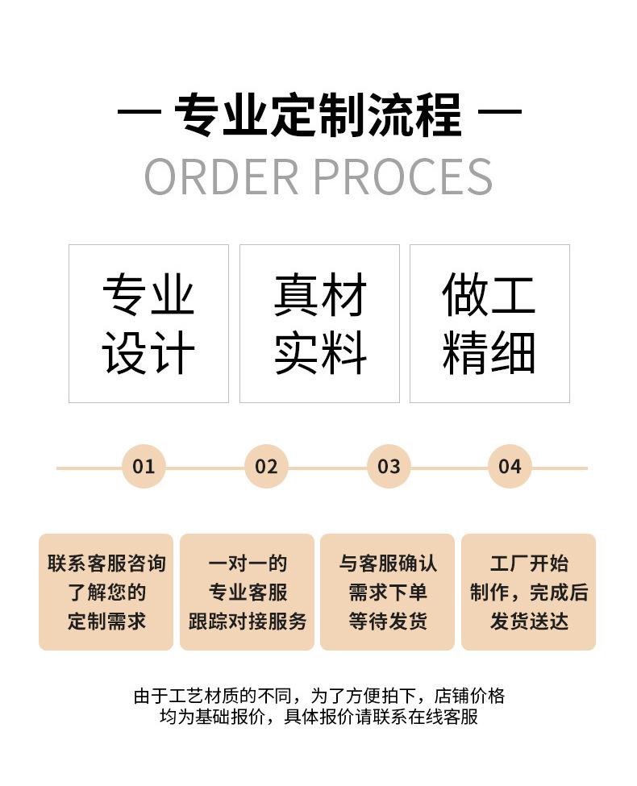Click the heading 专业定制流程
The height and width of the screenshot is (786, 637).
[x=318, y=114]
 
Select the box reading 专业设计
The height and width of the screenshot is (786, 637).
[x=148, y=323]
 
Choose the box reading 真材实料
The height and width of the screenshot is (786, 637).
[x=319, y=323]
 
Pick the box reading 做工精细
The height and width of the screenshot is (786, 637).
[x=489, y=323]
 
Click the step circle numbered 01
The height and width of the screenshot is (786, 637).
[x=144, y=466]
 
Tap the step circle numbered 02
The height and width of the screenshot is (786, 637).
[x=266, y=466]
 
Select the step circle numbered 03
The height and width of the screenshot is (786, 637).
[x=389, y=466]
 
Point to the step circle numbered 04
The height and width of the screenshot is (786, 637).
[x=510, y=466]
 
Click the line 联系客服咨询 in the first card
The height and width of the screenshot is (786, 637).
[x=106, y=564]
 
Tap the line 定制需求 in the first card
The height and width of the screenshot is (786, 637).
[x=106, y=621]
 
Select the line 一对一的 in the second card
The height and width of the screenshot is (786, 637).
[x=248, y=564]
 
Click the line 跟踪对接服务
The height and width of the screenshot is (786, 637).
[x=248, y=621]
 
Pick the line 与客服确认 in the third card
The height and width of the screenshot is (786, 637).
[x=388, y=564]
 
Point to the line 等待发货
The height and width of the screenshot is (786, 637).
[x=388, y=621]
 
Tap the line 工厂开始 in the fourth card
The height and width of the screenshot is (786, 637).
[x=529, y=564]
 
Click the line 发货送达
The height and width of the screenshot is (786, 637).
[x=529, y=621]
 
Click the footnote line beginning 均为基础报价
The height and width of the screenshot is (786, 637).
[x=318, y=717]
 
